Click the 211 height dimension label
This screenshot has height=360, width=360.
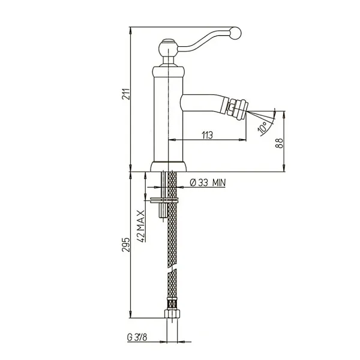click(x=126, y=94)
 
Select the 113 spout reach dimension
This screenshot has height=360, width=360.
click(x=208, y=135)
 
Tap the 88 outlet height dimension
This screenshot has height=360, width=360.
click(x=280, y=143)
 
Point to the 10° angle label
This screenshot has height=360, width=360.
click(x=263, y=128)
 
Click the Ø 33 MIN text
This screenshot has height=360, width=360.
click(x=208, y=183)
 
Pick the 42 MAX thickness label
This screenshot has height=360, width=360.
click(x=141, y=226)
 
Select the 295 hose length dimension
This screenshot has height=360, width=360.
click(x=126, y=245)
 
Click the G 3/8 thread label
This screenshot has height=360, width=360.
click(x=137, y=337)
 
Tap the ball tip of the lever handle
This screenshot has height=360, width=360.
click(x=235, y=33)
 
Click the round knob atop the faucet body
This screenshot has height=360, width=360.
click(x=168, y=48)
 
